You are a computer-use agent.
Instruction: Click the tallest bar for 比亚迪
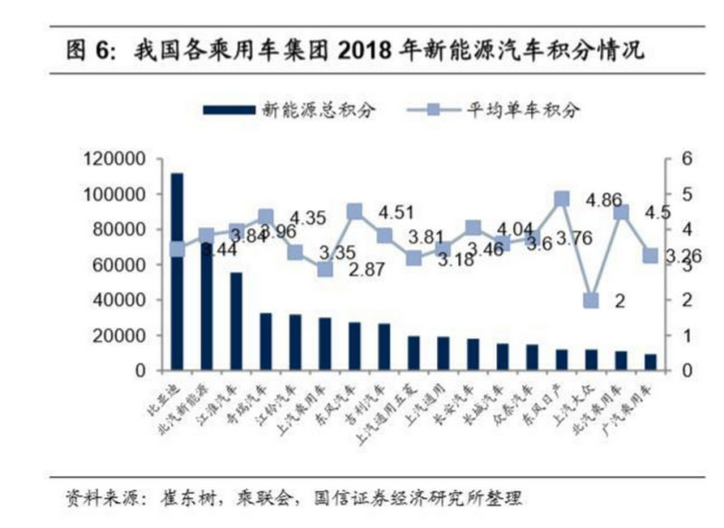[176, 272]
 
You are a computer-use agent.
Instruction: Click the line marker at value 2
[590, 301]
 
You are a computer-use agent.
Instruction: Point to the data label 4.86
[603, 200]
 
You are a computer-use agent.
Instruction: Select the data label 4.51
[395, 213]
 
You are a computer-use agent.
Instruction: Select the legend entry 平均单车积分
[523, 110]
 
